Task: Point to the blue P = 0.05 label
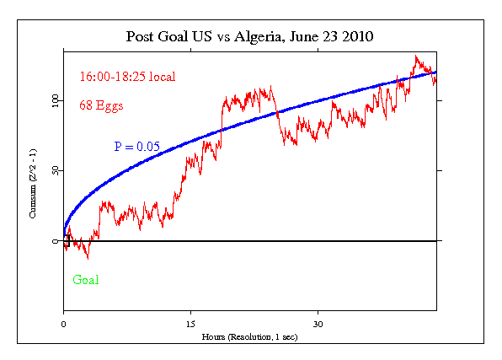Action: (x=136, y=147)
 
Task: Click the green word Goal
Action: (x=86, y=280)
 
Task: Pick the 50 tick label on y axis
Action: (x=56, y=171)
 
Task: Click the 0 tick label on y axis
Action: (x=56, y=241)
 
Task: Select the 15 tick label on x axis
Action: (x=190, y=324)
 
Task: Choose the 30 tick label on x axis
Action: (x=318, y=324)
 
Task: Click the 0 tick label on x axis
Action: (x=63, y=324)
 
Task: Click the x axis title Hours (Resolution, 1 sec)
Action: (x=250, y=336)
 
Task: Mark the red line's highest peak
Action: (x=416, y=57)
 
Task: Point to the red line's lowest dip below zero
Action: (x=87, y=257)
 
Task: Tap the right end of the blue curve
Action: (x=435, y=73)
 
